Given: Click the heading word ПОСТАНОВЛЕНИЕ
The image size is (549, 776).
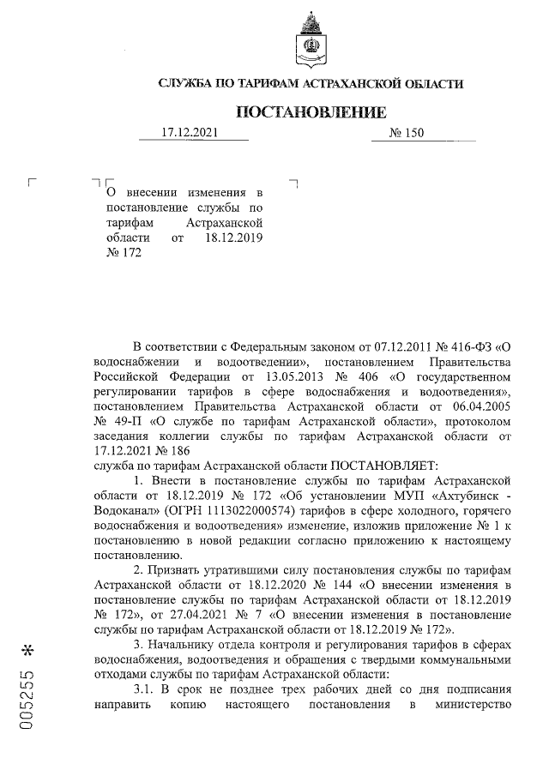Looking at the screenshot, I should tap(311, 112).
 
